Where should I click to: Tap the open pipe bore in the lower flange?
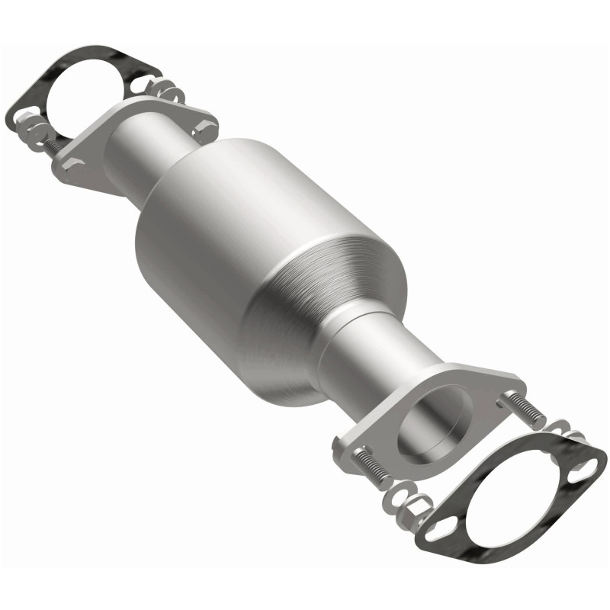pyautogui.click(x=435, y=420)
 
